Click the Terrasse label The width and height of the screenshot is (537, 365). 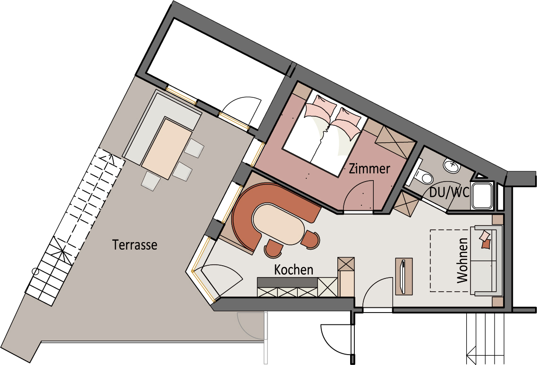coord(135,244)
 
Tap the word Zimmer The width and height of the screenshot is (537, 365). coord(369,168)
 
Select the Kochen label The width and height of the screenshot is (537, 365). coord(294,270)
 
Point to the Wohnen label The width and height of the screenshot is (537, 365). coord(462,261)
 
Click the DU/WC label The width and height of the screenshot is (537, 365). coord(449,192)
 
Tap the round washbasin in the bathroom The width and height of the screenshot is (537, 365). coord(452,165)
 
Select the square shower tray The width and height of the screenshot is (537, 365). coord(482,195)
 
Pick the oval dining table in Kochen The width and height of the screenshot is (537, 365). coord(278,225)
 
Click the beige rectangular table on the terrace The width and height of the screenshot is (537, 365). coord(167,148)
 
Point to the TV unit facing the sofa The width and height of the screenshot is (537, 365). coord(404,276)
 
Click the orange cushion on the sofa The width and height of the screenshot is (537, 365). coord(486,244)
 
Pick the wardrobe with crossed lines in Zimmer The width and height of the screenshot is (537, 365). coord(394,141)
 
